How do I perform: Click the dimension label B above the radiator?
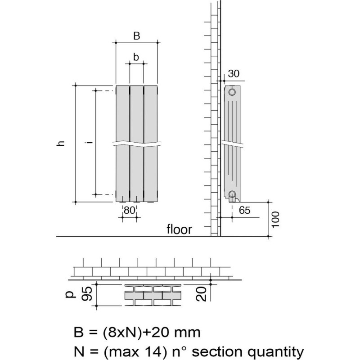coord(137,36)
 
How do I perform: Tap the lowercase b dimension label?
coord(136,57)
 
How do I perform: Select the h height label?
coord(61,143)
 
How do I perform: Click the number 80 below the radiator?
coord(129,210)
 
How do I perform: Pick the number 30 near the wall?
coord(234,74)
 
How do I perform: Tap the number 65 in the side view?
coord(244,210)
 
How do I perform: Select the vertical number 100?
coord(275,220)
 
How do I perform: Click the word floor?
coord(179,229)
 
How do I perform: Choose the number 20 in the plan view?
coord(201,294)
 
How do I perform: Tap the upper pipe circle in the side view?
coord(232,92)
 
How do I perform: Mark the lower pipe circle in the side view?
coord(232,194)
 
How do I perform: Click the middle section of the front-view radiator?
coord(137,144)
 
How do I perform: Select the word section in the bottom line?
coord(217,351)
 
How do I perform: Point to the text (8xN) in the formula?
coord(121,333)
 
